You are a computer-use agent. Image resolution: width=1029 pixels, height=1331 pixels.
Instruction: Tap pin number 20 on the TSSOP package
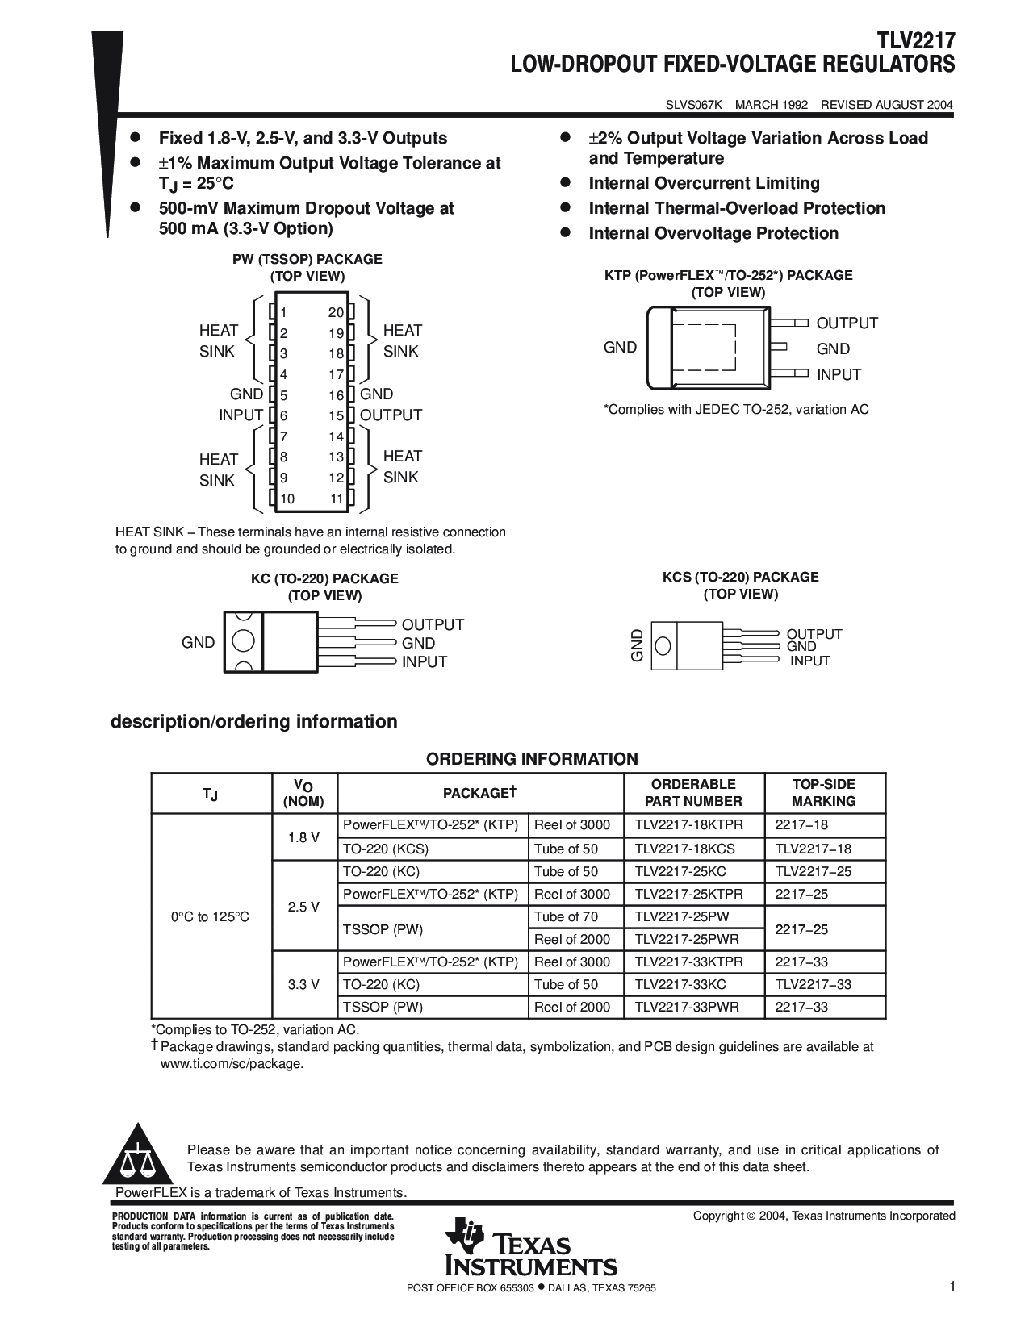(x=336, y=313)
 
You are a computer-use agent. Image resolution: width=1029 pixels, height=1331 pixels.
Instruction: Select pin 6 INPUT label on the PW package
(x=241, y=415)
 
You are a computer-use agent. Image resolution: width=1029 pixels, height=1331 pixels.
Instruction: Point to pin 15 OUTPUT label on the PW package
(x=391, y=415)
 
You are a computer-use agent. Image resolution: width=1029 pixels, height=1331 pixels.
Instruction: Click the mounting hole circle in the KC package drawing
(x=243, y=642)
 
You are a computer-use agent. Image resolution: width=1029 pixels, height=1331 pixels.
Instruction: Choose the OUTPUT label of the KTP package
(x=847, y=323)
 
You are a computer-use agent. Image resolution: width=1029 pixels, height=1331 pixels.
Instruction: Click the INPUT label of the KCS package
(x=809, y=661)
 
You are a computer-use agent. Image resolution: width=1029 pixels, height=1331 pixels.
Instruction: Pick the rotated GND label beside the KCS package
(x=638, y=645)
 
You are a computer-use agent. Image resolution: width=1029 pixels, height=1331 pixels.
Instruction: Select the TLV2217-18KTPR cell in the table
(x=688, y=825)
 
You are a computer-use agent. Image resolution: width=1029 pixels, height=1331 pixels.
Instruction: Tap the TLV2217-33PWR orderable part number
(x=687, y=1007)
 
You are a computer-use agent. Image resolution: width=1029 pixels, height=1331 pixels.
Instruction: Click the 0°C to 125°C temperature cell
(x=210, y=917)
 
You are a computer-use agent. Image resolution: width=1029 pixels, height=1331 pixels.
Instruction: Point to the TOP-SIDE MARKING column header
(x=823, y=793)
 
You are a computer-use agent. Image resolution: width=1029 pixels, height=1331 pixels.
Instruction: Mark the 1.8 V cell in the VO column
(x=303, y=837)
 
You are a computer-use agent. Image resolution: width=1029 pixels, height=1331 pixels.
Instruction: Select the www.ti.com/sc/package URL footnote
(x=232, y=1063)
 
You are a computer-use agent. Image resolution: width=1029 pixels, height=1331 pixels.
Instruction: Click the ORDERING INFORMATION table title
(x=532, y=759)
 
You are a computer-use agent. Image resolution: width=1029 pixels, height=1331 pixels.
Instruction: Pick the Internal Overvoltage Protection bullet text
(x=713, y=233)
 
